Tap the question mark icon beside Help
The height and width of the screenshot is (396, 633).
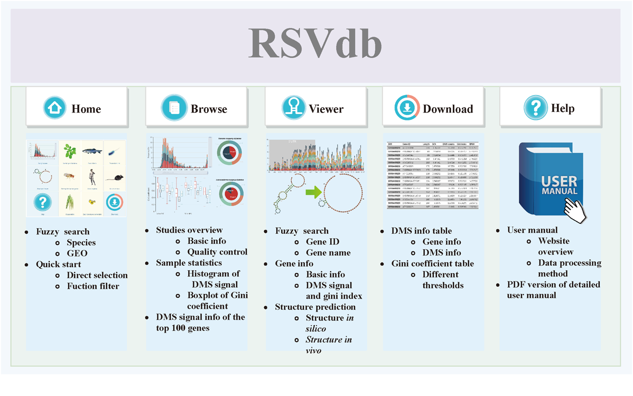536,108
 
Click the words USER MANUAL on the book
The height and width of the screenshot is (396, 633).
558,185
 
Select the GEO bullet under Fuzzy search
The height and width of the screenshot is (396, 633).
77,253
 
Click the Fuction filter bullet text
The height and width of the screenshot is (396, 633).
93,286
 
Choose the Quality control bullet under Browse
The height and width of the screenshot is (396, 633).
217,252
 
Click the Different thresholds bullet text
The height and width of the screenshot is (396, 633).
443,280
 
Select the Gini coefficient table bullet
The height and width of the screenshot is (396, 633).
433,263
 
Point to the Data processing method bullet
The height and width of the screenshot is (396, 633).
570,268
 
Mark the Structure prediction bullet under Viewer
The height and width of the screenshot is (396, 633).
315,307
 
